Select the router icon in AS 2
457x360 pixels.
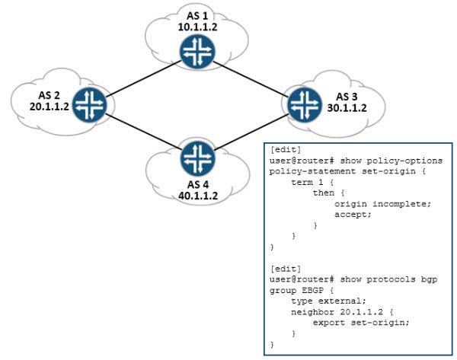(x=89, y=104)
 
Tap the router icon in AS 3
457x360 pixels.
(x=305, y=104)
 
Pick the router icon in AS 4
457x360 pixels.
(x=197, y=158)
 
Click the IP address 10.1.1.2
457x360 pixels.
(x=197, y=27)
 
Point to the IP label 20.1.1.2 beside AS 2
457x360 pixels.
(x=50, y=107)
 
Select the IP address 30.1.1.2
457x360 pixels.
(x=347, y=108)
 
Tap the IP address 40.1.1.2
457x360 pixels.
(x=198, y=196)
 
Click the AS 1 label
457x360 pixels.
(x=197, y=15)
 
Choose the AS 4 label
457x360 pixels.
(x=198, y=184)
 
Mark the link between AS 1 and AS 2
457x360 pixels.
(x=144, y=78)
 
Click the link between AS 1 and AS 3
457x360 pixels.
(x=251, y=78)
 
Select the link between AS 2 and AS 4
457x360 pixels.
(x=143, y=132)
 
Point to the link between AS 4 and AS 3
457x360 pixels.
(x=251, y=132)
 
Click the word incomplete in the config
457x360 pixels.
(x=401, y=204)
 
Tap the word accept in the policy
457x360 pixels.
(x=353, y=215)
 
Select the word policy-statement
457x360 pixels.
(x=312, y=171)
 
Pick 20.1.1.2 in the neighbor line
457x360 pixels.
(x=361, y=312)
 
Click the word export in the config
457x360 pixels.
(x=329, y=323)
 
